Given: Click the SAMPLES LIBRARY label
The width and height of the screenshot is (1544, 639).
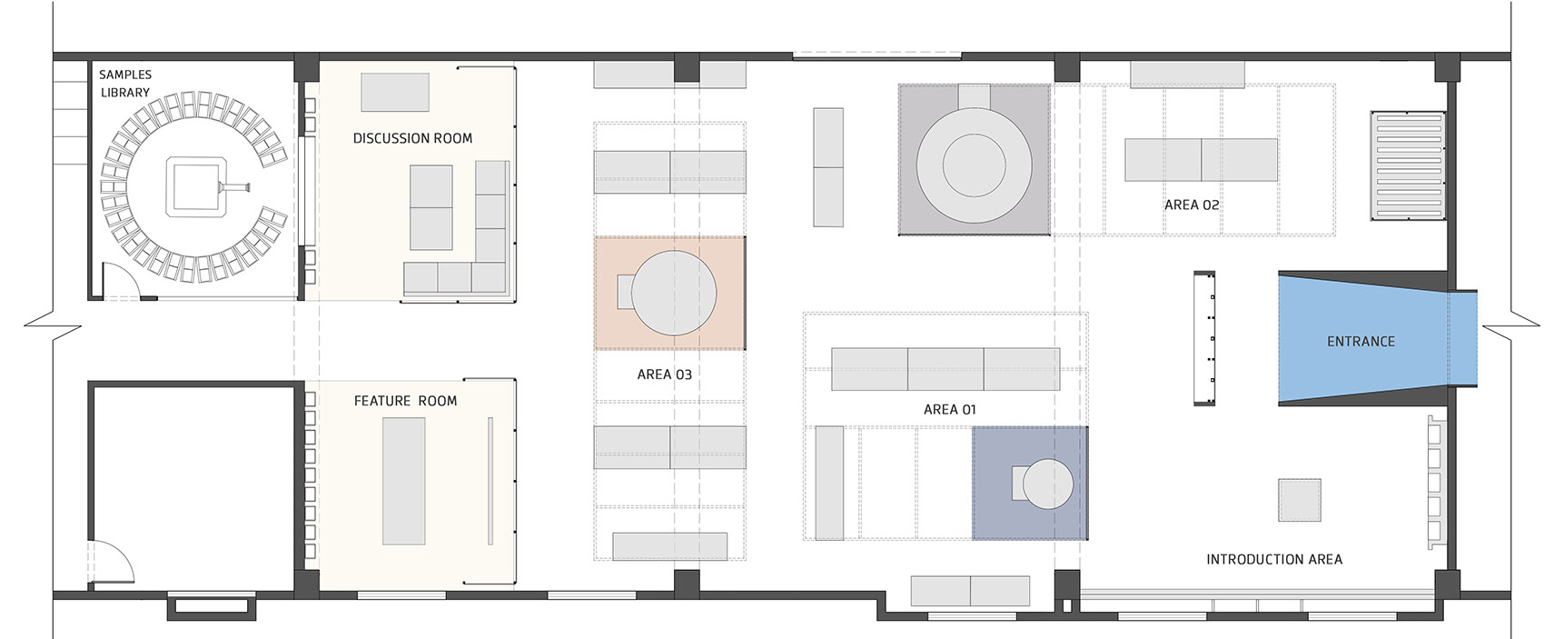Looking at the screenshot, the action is click(x=124, y=84).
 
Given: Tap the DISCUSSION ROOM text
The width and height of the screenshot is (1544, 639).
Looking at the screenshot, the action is click(x=413, y=139).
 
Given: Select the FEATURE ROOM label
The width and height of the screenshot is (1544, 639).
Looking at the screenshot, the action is click(x=405, y=401).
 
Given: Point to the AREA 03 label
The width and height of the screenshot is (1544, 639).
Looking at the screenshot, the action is click(x=665, y=374).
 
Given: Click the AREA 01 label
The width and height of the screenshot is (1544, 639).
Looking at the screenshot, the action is click(x=950, y=410).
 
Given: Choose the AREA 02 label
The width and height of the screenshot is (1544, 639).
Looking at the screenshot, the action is click(x=1192, y=205).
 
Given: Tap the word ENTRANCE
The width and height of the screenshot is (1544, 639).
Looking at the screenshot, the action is click(x=1361, y=342).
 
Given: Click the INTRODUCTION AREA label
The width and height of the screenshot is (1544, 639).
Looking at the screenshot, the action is click(x=1274, y=560).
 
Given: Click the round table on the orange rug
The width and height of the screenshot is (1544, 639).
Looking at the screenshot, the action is click(x=673, y=294).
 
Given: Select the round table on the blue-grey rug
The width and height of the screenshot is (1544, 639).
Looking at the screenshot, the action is click(x=1048, y=484).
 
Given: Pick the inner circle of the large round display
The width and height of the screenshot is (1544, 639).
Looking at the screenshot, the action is click(x=974, y=165).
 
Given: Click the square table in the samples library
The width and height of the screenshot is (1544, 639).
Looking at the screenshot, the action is click(x=196, y=187).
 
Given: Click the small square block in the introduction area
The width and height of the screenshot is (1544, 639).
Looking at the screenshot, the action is click(x=1300, y=500).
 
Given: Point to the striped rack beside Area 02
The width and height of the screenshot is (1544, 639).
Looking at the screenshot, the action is click(x=1408, y=165).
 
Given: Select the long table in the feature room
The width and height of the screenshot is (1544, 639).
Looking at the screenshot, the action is click(x=404, y=481).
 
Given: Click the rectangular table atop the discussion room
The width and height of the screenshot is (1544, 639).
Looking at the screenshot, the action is click(x=395, y=92).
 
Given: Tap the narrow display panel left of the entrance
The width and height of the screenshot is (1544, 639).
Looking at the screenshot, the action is click(x=1204, y=337).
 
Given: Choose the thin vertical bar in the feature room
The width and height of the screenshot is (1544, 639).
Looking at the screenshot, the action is click(x=490, y=481).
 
